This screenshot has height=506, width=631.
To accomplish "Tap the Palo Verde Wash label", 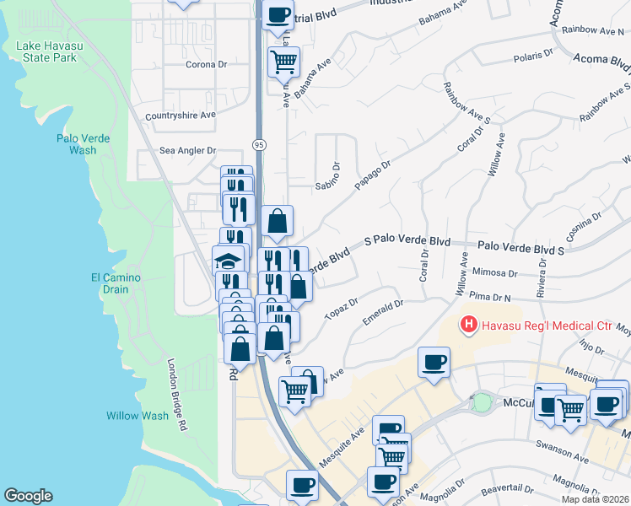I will click(77, 144).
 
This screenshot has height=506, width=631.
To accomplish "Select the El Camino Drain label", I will click(116, 283).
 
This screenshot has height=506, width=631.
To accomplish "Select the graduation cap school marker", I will click(228, 260).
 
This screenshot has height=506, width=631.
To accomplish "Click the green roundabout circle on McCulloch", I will click(482, 403).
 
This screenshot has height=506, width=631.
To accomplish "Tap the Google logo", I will click(28, 496).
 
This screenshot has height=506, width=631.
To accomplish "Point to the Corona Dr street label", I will click(207, 64).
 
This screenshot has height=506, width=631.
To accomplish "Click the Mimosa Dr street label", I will click(494, 273).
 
